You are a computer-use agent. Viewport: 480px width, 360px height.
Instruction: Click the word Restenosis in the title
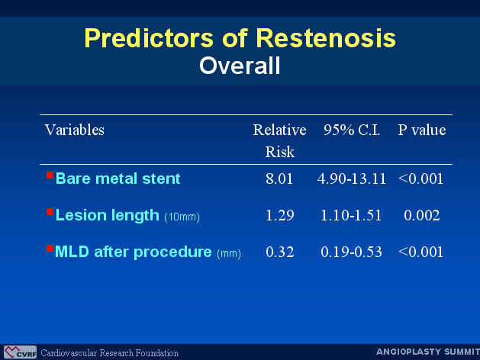click(x=325, y=38)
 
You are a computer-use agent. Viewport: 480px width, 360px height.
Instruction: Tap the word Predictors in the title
click(x=149, y=38)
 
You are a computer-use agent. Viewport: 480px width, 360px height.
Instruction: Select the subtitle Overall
click(x=240, y=66)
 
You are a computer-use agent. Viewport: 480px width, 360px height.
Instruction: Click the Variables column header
click(x=75, y=130)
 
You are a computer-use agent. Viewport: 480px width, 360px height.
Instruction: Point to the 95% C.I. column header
click(x=352, y=130)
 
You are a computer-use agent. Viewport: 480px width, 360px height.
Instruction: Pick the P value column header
click(x=421, y=130)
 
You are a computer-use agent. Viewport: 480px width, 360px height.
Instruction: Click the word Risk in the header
click(x=279, y=152)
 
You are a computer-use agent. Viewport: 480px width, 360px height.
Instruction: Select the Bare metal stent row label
click(x=118, y=178)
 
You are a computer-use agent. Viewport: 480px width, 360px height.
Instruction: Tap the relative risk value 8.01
click(x=279, y=178)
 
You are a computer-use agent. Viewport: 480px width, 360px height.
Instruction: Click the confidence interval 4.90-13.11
click(x=352, y=178)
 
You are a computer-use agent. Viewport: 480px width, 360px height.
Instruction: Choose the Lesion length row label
click(x=108, y=215)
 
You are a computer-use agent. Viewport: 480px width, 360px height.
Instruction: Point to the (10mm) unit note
click(x=182, y=217)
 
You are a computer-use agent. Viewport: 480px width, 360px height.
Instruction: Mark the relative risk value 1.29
click(x=279, y=215)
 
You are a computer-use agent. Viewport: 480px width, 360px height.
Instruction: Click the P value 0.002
click(x=421, y=215)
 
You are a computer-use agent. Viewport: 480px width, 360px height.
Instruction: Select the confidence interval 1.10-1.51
click(x=351, y=215)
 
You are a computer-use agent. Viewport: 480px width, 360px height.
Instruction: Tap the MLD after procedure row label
click(x=134, y=252)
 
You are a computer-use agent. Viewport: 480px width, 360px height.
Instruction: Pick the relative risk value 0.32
click(x=279, y=252)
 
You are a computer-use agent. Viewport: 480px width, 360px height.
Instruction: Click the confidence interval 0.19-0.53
click(x=352, y=252)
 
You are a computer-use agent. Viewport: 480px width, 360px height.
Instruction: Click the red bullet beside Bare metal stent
click(x=50, y=175)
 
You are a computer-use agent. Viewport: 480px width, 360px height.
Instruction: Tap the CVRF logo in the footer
click(x=20, y=352)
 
